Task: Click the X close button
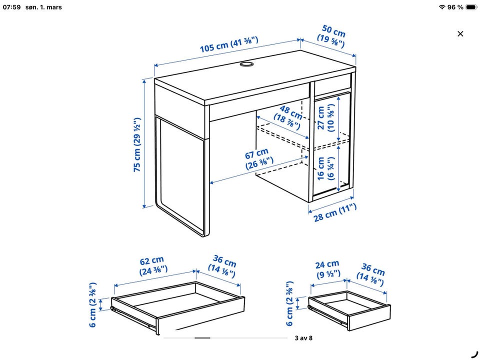(x=460, y=33)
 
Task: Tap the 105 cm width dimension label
(x=229, y=44)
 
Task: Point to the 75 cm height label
(x=137, y=144)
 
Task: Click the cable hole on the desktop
(x=246, y=64)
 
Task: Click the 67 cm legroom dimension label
(x=259, y=159)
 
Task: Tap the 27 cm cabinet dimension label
(x=325, y=118)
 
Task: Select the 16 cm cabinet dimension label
(x=325, y=168)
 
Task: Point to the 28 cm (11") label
(x=335, y=212)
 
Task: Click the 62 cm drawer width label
(x=153, y=266)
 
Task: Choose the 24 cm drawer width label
(x=328, y=269)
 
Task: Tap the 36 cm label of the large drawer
(x=223, y=266)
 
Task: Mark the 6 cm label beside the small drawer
(x=289, y=303)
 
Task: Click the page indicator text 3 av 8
(x=303, y=338)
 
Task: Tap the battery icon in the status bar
(x=471, y=7)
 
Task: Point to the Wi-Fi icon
(x=441, y=7)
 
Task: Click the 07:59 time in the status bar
(x=11, y=7)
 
